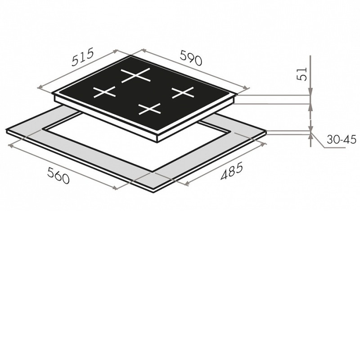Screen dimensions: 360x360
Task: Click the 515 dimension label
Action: pyautogui.click(x=83, y=57)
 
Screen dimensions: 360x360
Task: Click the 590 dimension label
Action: pyautogui.click(x=191, y=58)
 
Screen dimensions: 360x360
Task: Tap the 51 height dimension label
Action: pyautogui.click(x=302, y=74)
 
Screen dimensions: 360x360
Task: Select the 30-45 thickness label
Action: pyautogui.click(x=342, y=139)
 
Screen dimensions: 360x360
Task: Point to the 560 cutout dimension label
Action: pyautogui.click(x=58, y=175)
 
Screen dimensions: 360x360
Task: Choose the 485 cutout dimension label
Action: pyautogui.click(x=231, y=171)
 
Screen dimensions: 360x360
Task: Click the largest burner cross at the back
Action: pyautogui.click(x=136, y=75)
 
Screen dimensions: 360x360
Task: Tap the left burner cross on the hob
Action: pyautogui.click(x=104, y=92)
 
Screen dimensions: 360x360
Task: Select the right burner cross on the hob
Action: pyautogui.click(x=183, y=93)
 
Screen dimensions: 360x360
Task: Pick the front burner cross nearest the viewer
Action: pyautogui.click(x=149, y=109)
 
